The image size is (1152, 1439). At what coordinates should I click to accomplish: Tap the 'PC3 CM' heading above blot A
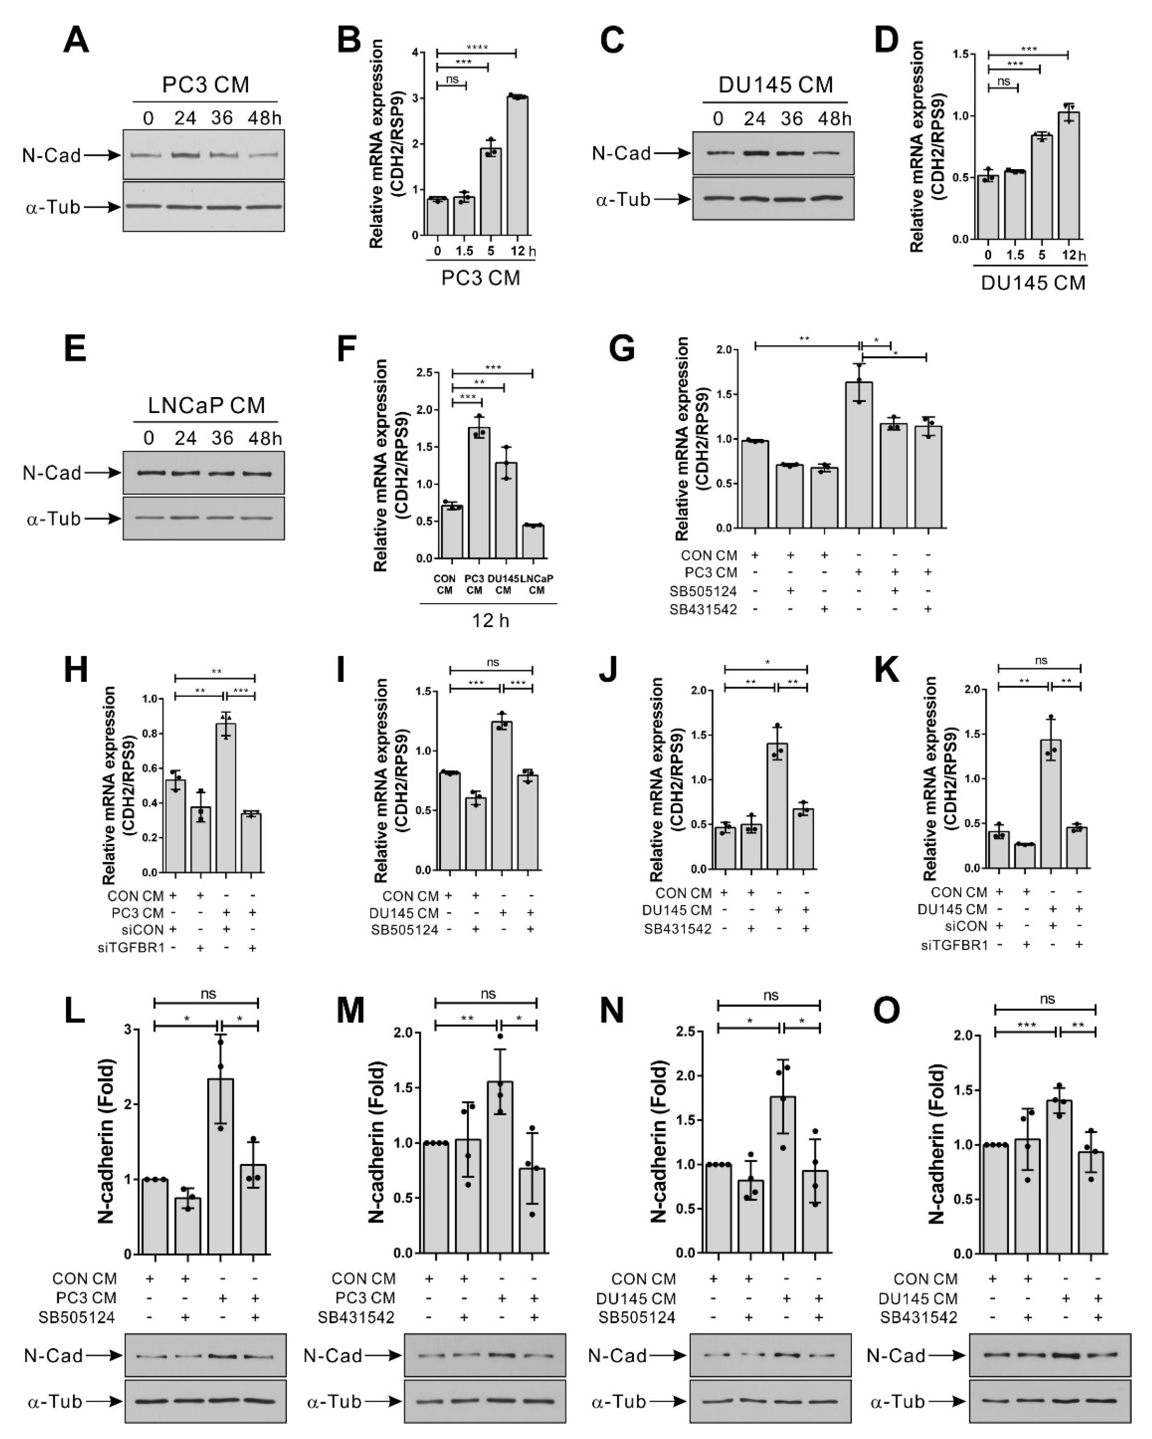click(206, 85)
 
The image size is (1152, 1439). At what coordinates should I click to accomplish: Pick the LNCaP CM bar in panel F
click(533, 541)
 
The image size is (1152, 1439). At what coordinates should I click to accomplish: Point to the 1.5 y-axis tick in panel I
click(422, 692)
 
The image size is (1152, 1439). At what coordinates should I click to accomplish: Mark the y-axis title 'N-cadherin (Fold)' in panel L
click(107, 1141)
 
